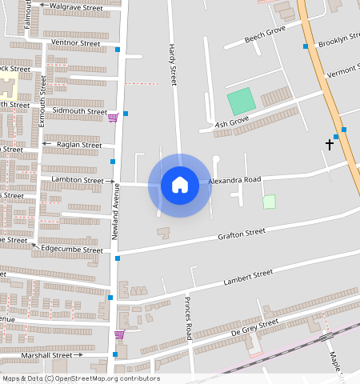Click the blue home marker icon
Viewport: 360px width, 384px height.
coord(180,185)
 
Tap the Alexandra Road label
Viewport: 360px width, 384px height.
coord(235,181)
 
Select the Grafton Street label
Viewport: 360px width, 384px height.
coord(242,234)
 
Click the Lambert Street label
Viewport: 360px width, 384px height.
coord(249,276)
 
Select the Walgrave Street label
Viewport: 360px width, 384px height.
coord(76,7)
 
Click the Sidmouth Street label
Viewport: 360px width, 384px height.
coord(79,112)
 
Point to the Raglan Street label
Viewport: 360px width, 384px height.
coord(79,145)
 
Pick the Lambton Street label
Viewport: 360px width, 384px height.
coord(77,181)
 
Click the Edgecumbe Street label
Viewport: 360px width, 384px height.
coord(72,250)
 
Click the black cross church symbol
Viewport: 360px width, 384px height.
coord(329,144)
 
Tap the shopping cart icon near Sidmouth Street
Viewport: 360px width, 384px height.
coord(113,118)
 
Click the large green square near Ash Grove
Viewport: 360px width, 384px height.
coord(239,101)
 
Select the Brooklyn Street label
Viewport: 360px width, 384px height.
coord(338,42)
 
